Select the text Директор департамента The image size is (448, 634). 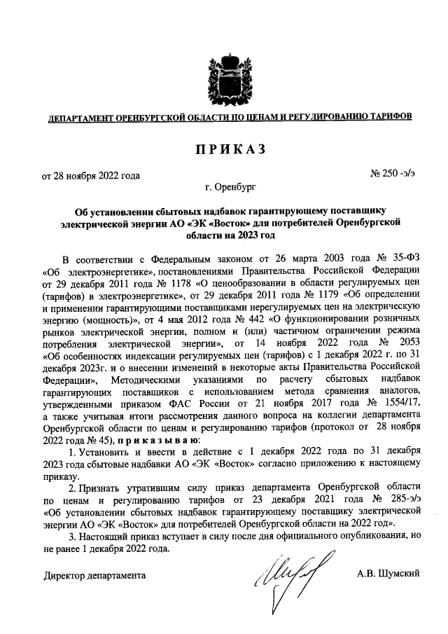[x=94, y=575]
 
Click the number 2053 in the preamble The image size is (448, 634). [x=405, y=350]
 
